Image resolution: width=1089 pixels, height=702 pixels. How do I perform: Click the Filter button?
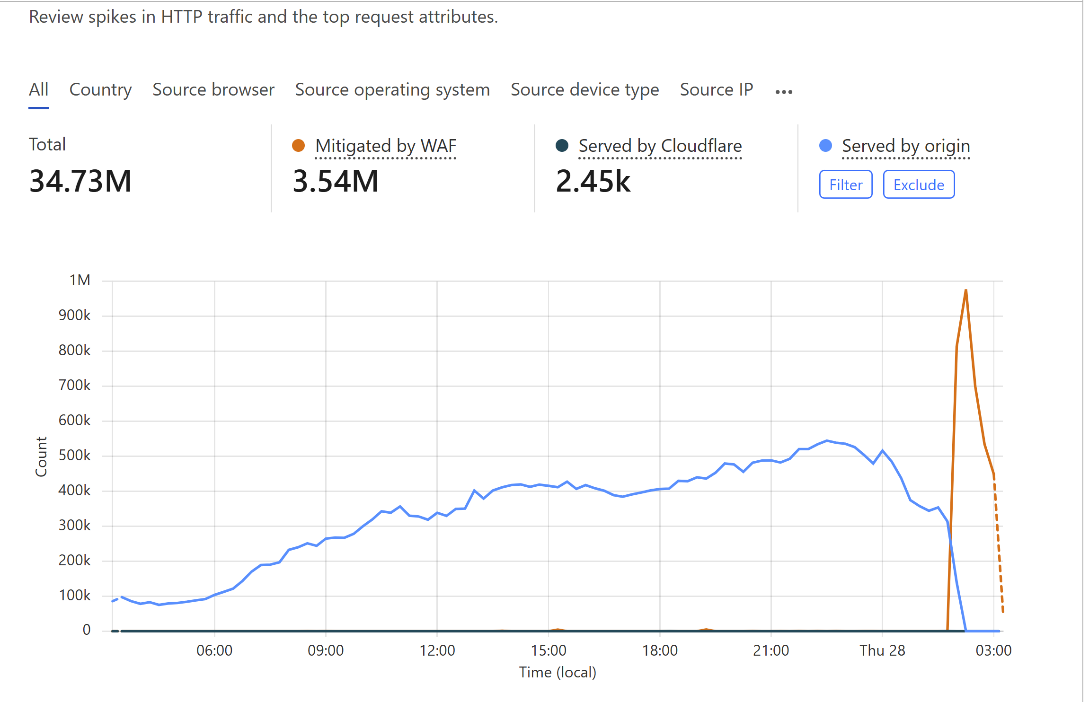tap(845, 184)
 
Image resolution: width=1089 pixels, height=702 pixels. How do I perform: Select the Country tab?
tap(100, 89)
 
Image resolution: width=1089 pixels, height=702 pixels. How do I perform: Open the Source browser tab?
tap(213, 89)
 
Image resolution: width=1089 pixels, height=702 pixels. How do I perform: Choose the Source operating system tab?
tap(392, 89)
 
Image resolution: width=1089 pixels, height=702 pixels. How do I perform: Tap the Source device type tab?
tap(584, 89)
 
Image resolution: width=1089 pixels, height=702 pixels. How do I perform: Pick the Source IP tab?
tap(716, 89)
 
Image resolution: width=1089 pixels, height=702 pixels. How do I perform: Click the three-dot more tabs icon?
tap(784, 92)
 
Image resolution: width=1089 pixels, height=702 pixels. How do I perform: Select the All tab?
tap(38, 89)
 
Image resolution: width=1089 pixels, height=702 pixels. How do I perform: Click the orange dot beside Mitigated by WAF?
tap(298, 146)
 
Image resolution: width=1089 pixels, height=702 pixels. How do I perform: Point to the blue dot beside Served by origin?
tap(825, 146)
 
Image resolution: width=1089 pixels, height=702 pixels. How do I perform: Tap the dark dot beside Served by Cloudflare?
tap(562, 146)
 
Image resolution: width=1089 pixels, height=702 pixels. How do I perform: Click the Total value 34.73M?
tap(80, 181)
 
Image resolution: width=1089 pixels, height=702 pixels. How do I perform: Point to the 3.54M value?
tap(336, 181)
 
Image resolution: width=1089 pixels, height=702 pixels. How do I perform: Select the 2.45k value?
tap(593, 181)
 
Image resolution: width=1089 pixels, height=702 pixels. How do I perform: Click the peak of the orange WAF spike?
tap(965, 290)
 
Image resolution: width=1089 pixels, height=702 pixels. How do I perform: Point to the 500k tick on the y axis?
tap(74, 455)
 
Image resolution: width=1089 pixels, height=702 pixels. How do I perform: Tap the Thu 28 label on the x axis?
tap(882, 650)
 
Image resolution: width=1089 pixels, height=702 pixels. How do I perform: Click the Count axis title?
tap(41, 456)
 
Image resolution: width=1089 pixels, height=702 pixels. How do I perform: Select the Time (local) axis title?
tap(558, 672)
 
